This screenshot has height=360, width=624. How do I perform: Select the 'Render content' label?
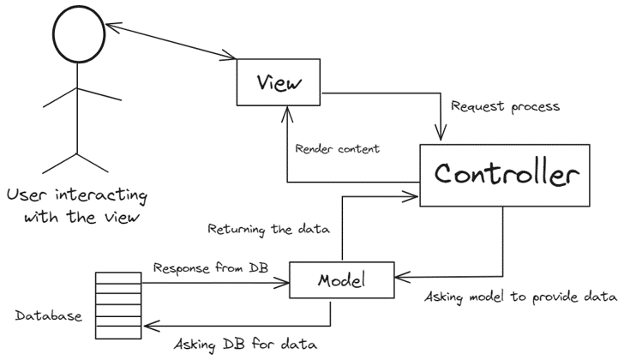[x=337, y=147]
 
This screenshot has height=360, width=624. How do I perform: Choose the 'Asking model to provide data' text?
[x=521, y=297]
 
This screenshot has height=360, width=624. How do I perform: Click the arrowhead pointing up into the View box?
[x=286, y=112]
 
